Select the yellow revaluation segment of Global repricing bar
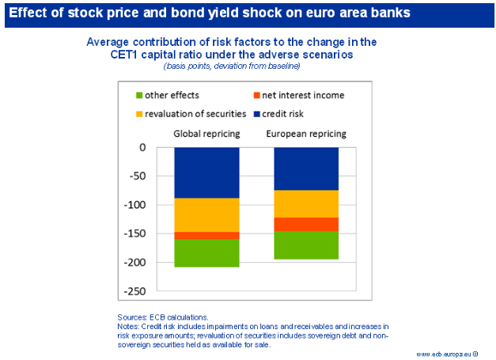[x=206, y=214]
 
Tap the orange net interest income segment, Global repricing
[x=206, y=235]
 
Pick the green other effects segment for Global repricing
[x=206, y=252]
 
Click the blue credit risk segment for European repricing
[x=305, y=168]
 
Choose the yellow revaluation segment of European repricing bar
[x=305, y=203]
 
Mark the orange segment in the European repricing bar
[x=305, y=224]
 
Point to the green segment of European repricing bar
[x=305, y=245]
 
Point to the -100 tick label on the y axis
[x=134, y=205]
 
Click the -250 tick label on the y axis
[x=134, y=291]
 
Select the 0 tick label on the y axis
[x=142, y=147]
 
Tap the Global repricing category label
[x=206, y=133]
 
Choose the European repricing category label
[x=305, y=133]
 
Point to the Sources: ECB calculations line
[x=162, y=316]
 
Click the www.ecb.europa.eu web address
[x=447, y=353]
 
